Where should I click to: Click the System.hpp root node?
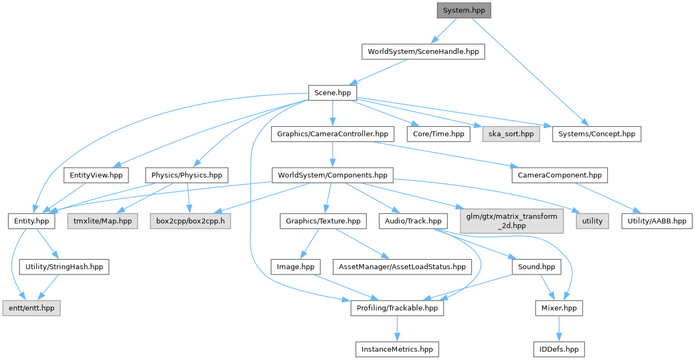(464, 10)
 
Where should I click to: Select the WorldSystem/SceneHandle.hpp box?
(423, 52)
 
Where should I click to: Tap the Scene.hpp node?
(332, 93)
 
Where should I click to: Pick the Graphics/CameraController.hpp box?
(332, 133)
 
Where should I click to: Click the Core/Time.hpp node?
(438, 133)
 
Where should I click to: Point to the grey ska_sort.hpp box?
(511, 133)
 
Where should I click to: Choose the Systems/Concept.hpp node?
(596, 133)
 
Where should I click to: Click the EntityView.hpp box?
(96, 175)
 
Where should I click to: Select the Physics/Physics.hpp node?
(187, 175)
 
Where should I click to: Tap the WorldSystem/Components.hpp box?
(333, 175)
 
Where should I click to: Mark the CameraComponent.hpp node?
(559, 175)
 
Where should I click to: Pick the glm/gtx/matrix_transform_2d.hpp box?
(511, 221)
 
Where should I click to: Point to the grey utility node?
(592, 221)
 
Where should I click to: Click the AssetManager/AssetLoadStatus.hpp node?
(402, 267)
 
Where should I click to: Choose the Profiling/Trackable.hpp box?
(397, 308)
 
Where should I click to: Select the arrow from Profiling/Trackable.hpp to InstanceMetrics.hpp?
(397, 328)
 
